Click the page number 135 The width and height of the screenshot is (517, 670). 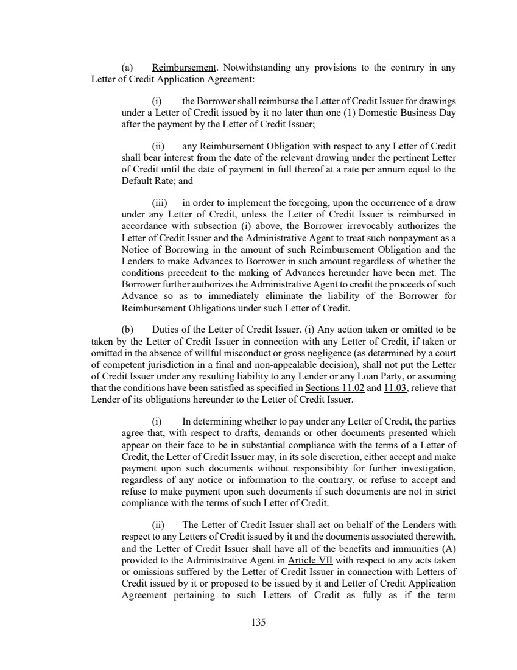(259, 622)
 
